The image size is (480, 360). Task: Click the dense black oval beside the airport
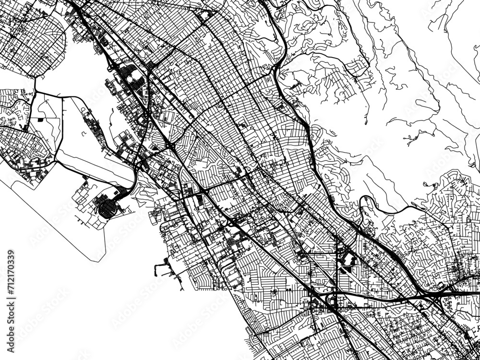(x=107, y=208)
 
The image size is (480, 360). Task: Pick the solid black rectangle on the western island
(x=40, y=119)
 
